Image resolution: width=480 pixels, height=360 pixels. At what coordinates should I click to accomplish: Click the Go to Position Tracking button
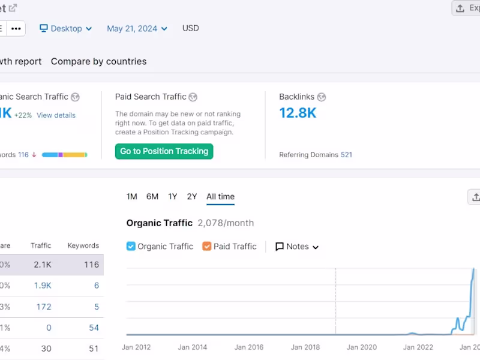[164, 151]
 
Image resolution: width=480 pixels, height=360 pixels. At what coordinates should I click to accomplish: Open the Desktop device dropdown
[65, 28]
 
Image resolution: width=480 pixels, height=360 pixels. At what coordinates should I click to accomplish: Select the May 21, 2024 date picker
[137, 28]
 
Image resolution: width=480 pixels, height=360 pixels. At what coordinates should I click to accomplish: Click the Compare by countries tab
[98, 61]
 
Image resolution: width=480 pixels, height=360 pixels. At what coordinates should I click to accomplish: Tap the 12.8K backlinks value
[298, 113]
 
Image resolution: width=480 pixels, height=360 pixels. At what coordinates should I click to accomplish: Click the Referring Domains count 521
[346, 155]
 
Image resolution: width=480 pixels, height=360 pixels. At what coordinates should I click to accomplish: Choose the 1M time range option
[132, 196]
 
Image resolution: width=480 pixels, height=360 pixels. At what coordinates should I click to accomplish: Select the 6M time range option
[152, 196]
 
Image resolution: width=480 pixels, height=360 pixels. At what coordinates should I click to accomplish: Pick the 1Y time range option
[173, 196]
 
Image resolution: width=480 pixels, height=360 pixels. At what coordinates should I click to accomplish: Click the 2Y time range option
[192, 196]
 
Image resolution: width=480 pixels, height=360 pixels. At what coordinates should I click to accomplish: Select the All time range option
[220, 196]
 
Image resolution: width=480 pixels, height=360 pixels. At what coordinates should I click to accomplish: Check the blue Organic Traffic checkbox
[131, 246]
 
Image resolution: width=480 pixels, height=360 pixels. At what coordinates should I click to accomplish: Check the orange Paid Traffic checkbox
[207, 246]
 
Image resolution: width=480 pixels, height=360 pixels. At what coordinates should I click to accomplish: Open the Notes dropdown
[297, 247]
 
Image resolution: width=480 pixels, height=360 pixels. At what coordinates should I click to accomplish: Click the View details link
[56, 115]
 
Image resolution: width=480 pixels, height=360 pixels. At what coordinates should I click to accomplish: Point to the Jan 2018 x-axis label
[306, 347]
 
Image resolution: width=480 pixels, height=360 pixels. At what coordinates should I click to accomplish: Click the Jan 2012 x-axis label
[136, 347]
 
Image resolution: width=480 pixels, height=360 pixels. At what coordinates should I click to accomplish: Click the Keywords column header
[83, 245]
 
